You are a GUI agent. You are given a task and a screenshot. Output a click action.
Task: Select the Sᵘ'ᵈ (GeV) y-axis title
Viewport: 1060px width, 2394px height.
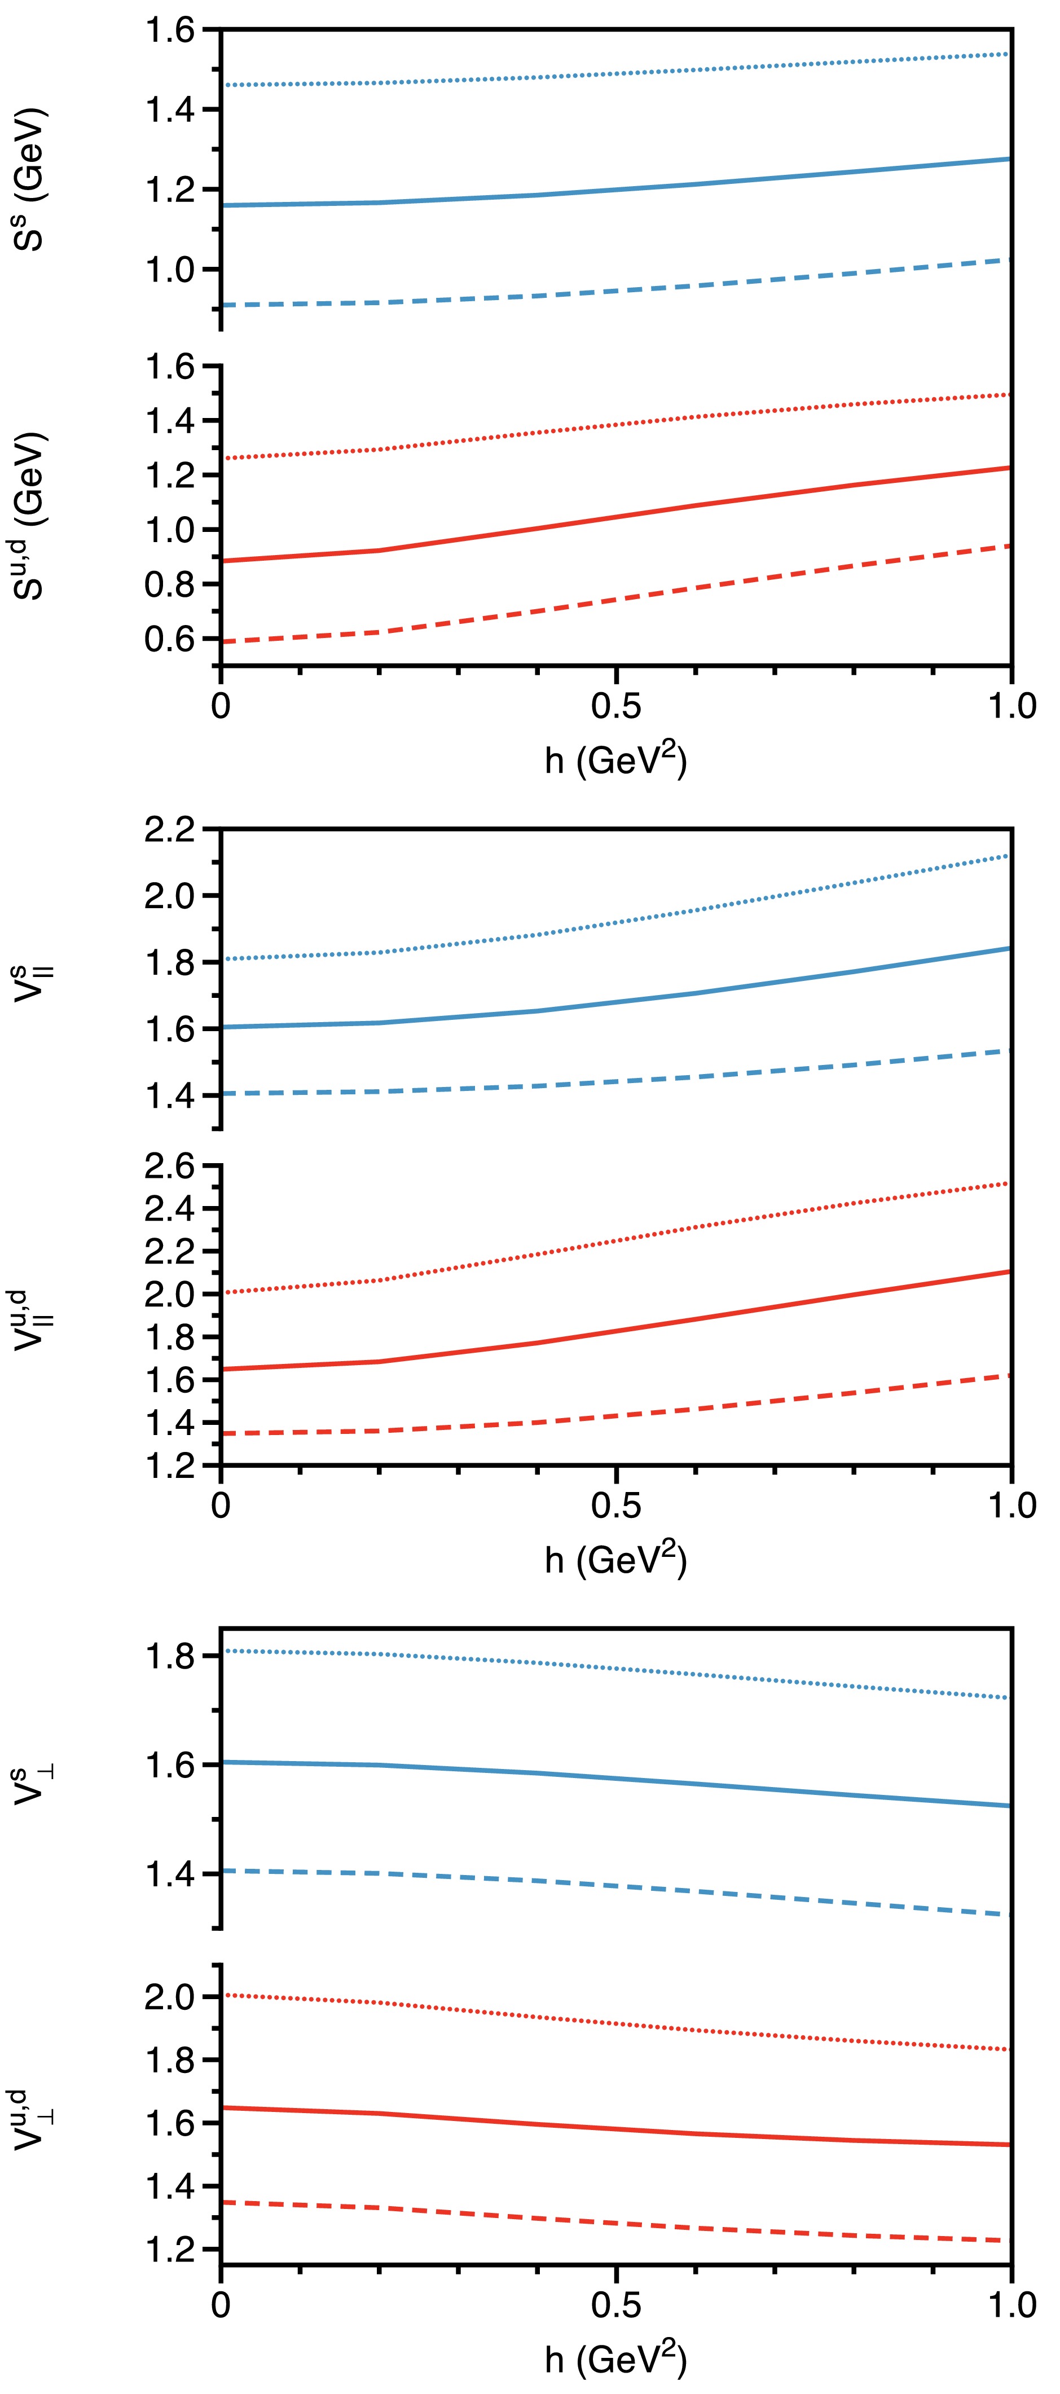pyautogui.click(x=30, y=516)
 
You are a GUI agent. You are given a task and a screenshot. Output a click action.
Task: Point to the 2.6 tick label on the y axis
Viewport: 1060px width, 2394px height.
pyautogui.click(x=169, y=1167)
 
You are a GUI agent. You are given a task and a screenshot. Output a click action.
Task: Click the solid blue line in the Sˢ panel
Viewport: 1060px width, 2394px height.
pyautogui.click(x=616, y=188)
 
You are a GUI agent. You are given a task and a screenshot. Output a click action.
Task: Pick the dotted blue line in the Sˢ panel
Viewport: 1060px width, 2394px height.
pyautogui.click(x=616, y=71)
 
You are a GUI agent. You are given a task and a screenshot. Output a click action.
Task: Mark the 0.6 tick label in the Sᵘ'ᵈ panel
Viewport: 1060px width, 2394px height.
pyautogui.click(x=169, y=639)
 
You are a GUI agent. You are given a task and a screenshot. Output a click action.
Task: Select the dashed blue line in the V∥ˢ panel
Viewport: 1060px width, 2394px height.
pyautogui.click(x=616, y=1081)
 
